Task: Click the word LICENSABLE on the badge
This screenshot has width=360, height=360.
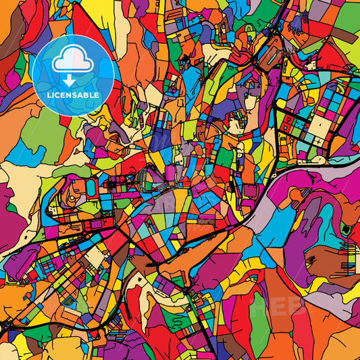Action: tap(73, 95)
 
